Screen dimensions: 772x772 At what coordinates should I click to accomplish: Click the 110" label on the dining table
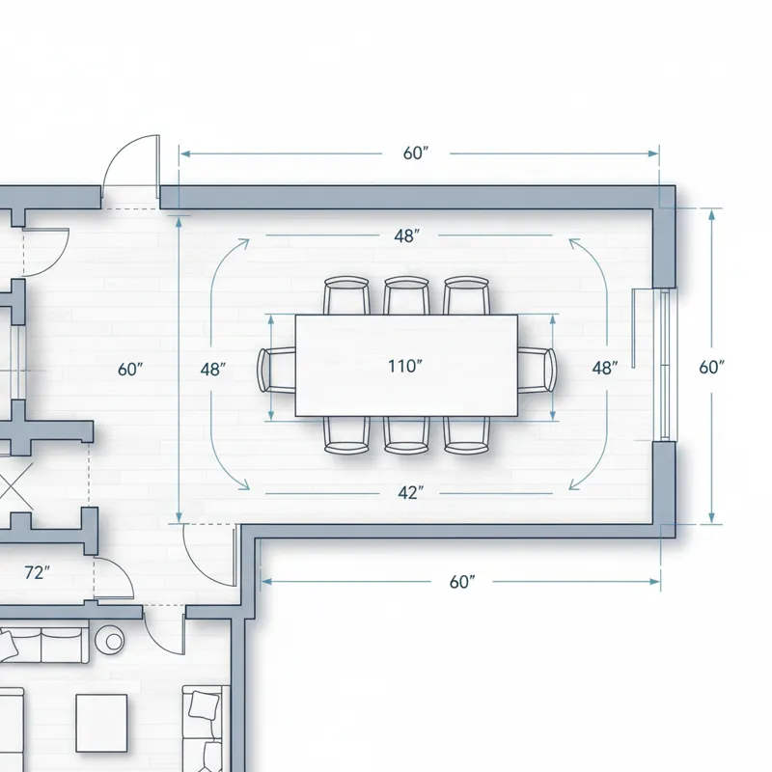coord(406,366)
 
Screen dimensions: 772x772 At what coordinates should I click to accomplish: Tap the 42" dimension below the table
coord(410,492)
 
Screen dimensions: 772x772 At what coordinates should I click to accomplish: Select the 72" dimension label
coord(36,572)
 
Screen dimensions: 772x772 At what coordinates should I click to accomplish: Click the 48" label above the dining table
coord(406,236)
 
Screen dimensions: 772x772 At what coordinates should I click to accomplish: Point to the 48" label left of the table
coord(213,369)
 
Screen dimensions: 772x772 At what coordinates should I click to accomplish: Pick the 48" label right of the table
coord(605,368)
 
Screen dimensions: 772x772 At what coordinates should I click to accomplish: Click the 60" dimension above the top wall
coord(415,153)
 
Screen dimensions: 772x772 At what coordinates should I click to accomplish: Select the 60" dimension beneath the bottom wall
coord(463,582)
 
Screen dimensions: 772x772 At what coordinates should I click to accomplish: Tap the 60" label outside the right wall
coord(712,367)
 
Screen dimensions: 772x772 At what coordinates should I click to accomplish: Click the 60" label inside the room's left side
coord(129,369)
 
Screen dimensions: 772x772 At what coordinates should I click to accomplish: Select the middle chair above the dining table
coord(406,295)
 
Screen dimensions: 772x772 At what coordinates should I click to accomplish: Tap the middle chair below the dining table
coord(406,435)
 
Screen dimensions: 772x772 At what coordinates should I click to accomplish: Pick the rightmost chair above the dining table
coord(466,295)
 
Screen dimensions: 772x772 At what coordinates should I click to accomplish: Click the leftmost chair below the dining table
coord(346,435)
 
